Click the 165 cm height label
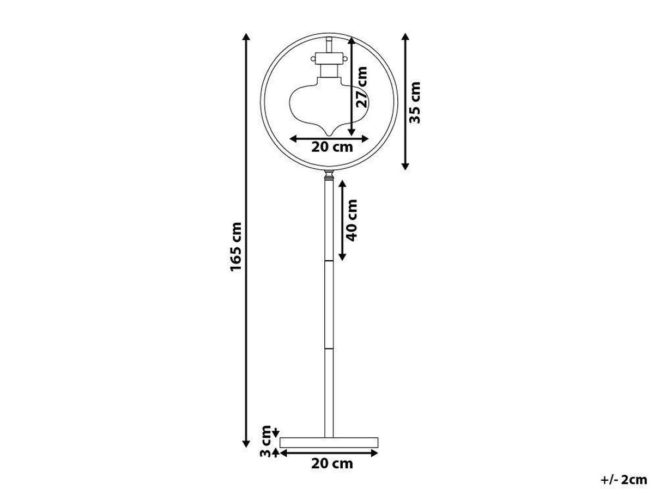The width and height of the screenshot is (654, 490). (x=235, y=247)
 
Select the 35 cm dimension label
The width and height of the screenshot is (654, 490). (x=415, y=102)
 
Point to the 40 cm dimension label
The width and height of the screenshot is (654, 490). (x=353, y=220)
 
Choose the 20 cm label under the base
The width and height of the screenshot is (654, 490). (x=332, y=464)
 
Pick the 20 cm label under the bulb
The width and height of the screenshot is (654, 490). (x=332, y=147)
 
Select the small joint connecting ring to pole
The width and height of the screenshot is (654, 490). (x=329, y=175)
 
